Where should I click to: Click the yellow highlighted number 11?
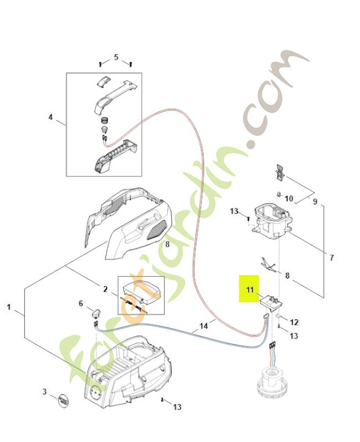(249, 289)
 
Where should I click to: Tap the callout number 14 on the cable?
(204, 326)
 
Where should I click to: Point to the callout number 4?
(50, 117)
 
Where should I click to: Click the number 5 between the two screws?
(116, 57)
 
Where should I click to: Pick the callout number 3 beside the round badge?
(45, 392)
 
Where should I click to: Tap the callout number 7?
(331, 257)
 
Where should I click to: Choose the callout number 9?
(315, 202)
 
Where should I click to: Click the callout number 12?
(294, 322)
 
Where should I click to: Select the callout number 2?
(105, 289)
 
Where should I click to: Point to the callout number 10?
(289, 198)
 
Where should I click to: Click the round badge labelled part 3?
(64, 399)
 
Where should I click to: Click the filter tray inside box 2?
(141, 289)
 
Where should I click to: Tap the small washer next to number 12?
(280, 318)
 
